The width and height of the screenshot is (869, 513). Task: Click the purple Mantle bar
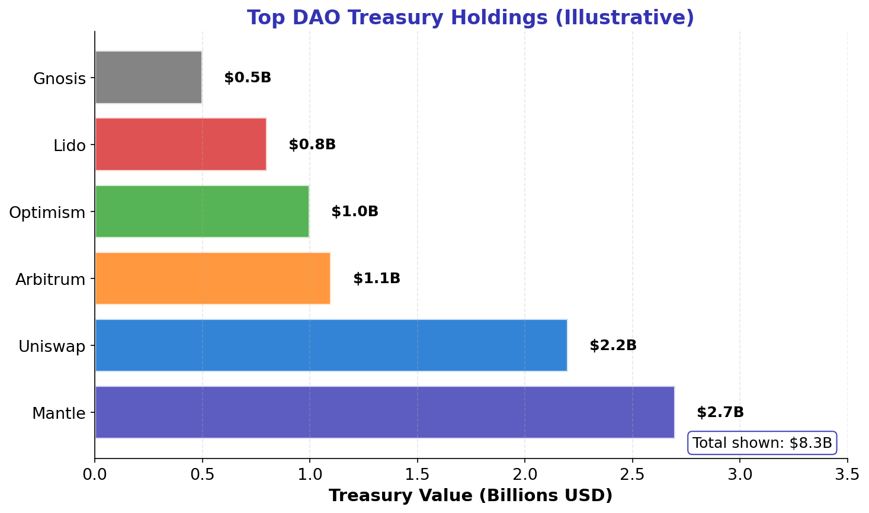(x=384, y=412)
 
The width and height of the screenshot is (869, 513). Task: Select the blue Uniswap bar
(x=331, y=345)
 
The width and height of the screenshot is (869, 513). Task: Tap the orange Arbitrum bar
(x=212, y=278)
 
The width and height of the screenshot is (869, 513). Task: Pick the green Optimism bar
(x=201, y=211)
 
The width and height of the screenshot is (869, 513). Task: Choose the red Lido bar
(x=180, y=145)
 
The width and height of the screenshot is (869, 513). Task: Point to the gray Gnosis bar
(x=148, y=78)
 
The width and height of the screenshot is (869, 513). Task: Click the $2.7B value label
(x=720, y=412)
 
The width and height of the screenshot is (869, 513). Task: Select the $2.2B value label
(x=613, y=345)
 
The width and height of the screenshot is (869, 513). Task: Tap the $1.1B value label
(x=376, y=278)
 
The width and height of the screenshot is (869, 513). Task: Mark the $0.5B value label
(x=247, y=78)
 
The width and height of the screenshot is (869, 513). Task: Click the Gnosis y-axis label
(x=59, y=79)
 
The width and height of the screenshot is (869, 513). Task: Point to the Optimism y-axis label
(x=47, y=213)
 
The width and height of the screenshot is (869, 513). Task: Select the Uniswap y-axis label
(x=52, y=347)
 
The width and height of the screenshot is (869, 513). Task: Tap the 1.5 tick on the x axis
(x=417, y=474)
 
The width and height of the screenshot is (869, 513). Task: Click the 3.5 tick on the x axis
(x=847, y=474)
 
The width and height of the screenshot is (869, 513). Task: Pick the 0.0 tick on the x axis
(x=95, y=474)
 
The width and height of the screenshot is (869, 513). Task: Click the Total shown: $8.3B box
(x=762, y=443)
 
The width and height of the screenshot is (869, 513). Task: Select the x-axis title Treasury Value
(x=470, y=496)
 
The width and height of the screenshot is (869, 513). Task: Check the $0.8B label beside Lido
(x=312, y=145)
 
